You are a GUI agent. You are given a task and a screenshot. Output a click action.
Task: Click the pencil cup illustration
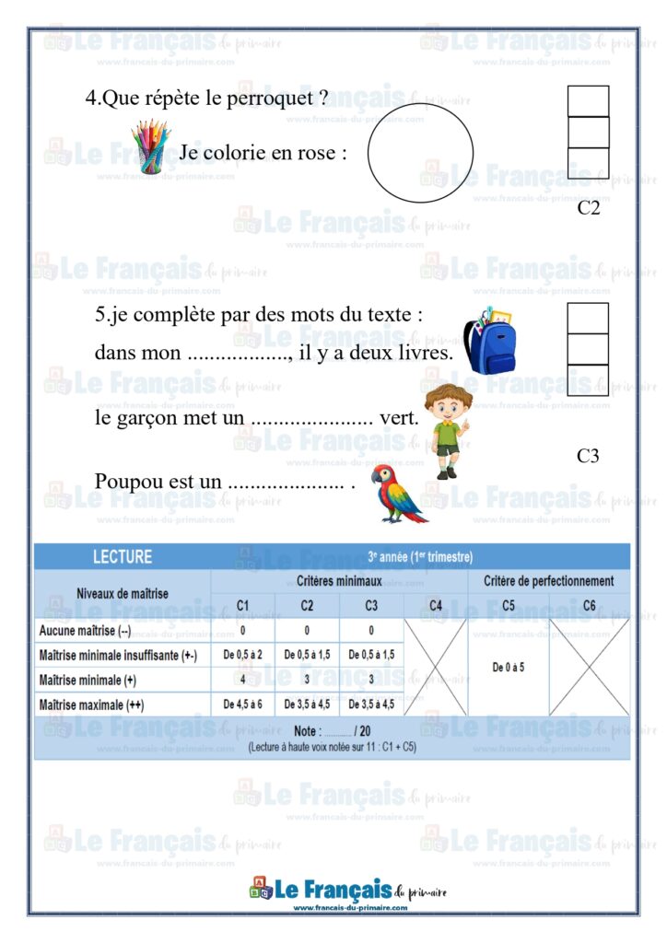tap(150, 147)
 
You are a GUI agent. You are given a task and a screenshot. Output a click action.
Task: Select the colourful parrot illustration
tap(396, 495)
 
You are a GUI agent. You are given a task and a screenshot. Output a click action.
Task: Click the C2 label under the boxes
tap(589, 208)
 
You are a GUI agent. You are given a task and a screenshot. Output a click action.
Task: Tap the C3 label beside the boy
tap(589, 455)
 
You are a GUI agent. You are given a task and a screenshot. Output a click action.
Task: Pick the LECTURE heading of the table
tap(123, 557)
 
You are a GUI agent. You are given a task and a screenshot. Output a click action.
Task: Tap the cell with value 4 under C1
tap(242, 680)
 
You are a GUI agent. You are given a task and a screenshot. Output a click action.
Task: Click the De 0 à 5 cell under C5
tap(509, 667)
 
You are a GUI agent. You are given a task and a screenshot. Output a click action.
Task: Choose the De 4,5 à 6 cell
tap(242, 704)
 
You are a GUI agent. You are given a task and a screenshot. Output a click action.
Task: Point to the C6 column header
tap(589, 606)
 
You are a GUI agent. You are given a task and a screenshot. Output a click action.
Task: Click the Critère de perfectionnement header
tap(548, 581)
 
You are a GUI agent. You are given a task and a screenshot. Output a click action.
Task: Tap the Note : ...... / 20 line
tap(332, 730)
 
